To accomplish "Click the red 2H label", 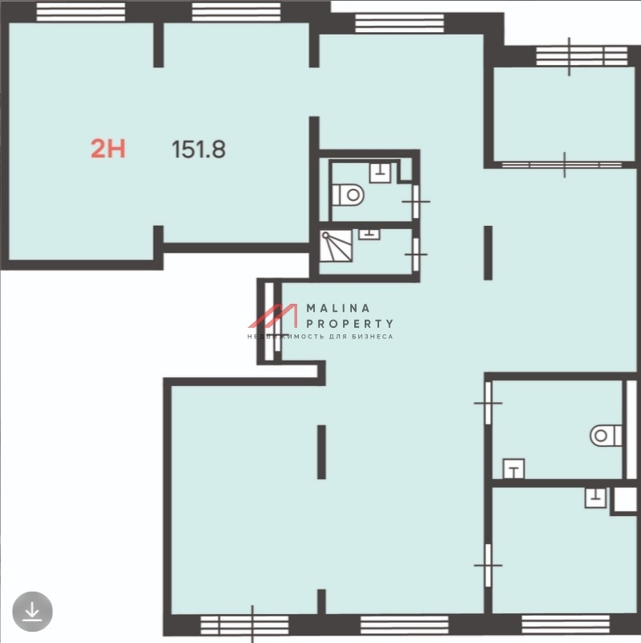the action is (108, 149).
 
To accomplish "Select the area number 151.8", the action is (198, 149).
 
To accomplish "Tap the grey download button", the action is (32, 612).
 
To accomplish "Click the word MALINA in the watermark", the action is (338, 308).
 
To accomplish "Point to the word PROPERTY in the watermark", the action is (349, 324).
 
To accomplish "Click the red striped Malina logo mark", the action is (272, 316).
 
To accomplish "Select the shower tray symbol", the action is (336, 246).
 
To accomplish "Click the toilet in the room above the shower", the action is (348, 195).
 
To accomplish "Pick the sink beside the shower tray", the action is (369, 234).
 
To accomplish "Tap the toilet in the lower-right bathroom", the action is (606, 436).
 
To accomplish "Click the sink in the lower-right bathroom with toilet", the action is (513, 469).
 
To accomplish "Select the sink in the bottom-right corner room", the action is (595, 498).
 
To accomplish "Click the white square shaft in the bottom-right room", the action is (626, 499).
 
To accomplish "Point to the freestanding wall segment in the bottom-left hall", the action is (322, 452).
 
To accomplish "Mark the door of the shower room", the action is (415, 254).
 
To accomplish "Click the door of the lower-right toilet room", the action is (488, 403).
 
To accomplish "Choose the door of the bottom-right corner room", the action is (488, 565).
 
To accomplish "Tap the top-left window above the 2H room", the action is (81, 12).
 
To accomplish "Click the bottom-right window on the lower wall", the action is (566, 625).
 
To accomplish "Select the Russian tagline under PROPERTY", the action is (320, 337).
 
